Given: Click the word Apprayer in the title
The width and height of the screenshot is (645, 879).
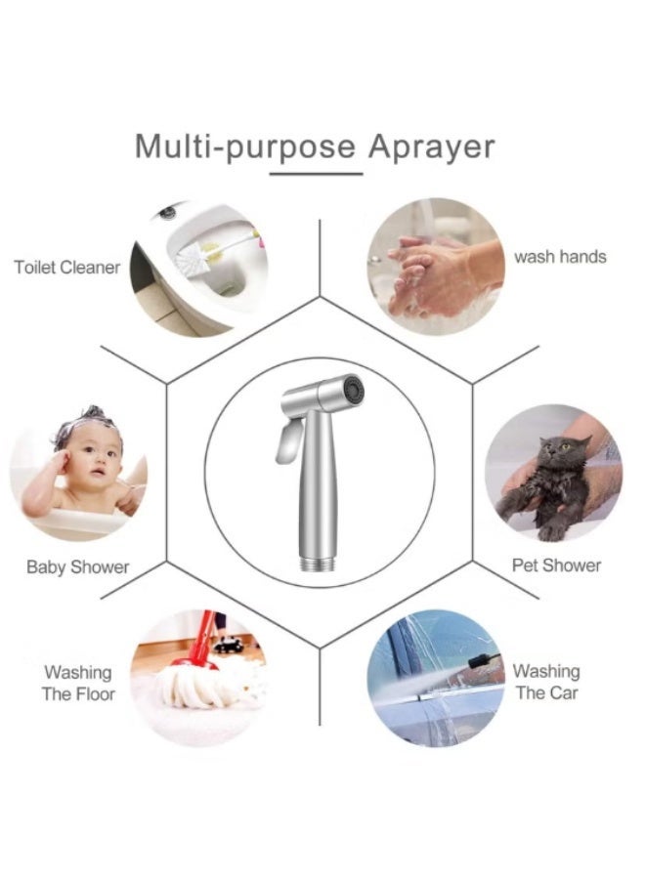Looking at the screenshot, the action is point(431,146).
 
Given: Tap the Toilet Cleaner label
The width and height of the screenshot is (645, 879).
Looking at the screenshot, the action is point(66,268).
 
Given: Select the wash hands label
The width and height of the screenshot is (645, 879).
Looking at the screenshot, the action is point(560,257).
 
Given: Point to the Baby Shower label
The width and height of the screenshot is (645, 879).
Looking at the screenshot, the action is point(77,566).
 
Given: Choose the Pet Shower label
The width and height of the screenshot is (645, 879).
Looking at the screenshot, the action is point(556,565).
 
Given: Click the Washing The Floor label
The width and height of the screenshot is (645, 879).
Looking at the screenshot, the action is point(78,683).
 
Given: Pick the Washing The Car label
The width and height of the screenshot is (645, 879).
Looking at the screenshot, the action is point(547,682).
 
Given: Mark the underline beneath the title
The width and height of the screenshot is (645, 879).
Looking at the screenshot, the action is point(316,174).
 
